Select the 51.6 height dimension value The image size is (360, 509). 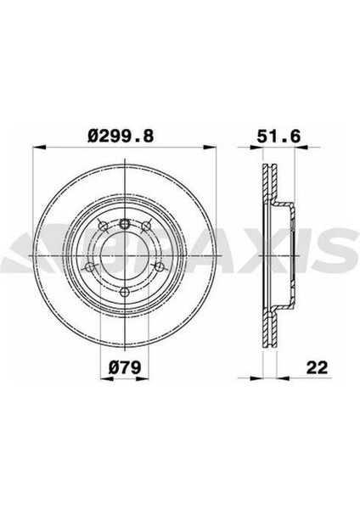pos(273,135)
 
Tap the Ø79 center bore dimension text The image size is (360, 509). pos(124,369)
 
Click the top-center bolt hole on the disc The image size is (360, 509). pos(124,223)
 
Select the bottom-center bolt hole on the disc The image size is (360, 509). pos(124,292)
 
